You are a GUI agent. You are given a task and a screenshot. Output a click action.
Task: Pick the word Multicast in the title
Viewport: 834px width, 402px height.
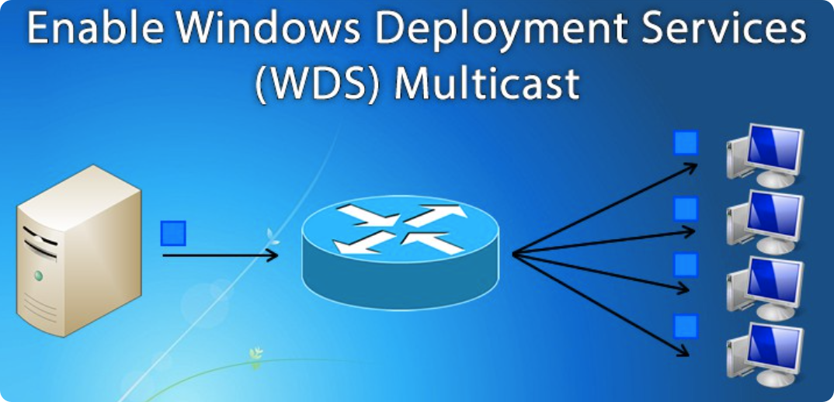tap(487, 83)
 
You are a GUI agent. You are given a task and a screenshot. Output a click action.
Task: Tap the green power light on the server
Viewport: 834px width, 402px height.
tap(36, 276)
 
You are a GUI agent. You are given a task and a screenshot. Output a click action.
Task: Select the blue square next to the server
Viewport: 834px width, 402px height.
tap(173, 233)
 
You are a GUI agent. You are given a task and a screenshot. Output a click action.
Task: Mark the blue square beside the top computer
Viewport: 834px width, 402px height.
tap(685, 143)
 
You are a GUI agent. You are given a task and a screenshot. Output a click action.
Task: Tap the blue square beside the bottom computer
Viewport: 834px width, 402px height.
tap(685, 326)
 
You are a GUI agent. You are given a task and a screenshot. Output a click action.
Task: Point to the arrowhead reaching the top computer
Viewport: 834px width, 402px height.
tap(691, 165)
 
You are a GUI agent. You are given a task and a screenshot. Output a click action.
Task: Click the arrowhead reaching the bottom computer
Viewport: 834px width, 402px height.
tap(683, 352)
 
